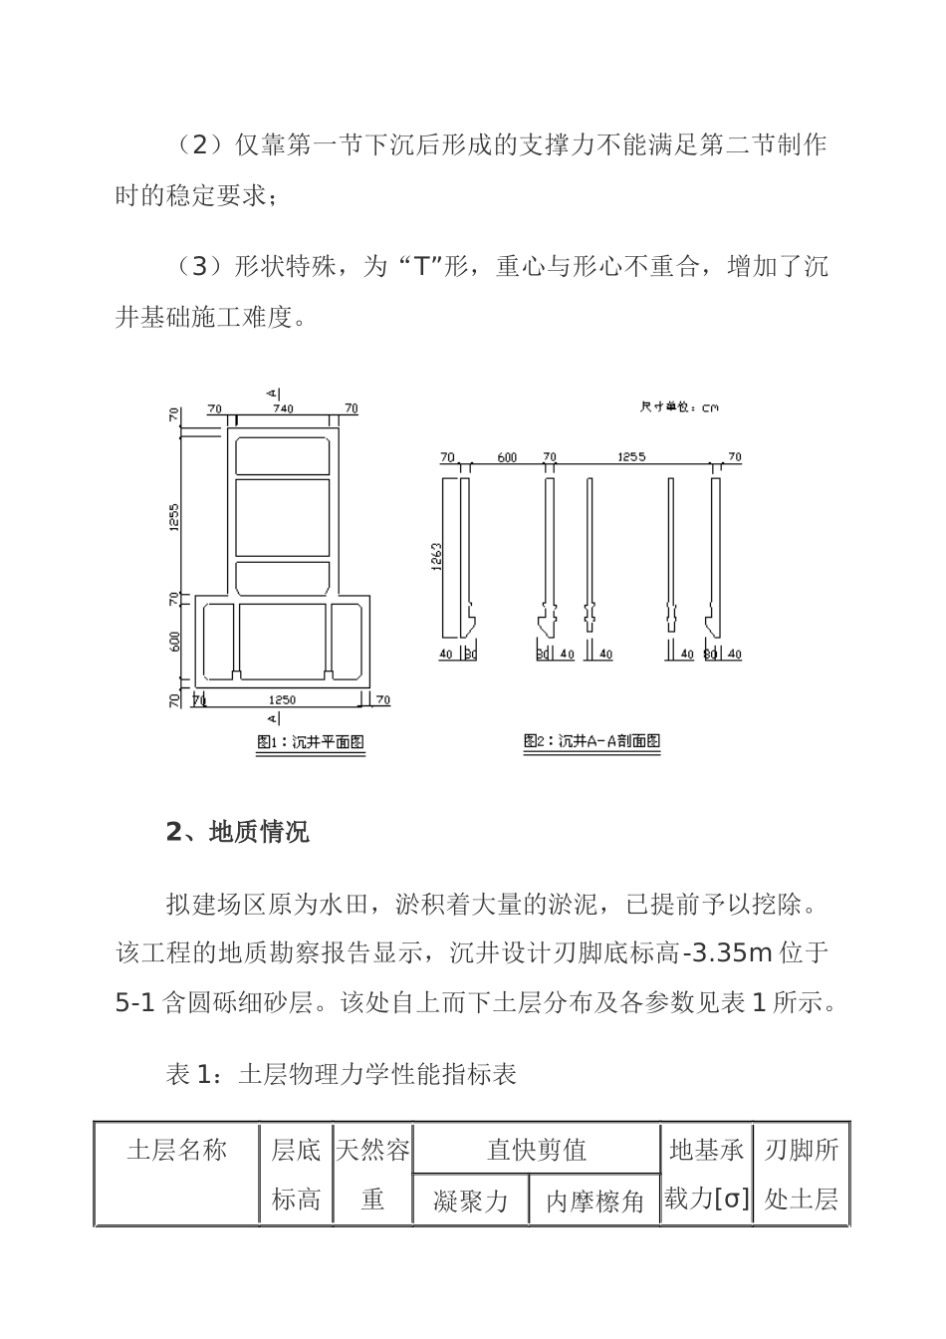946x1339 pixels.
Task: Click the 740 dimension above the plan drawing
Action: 284,408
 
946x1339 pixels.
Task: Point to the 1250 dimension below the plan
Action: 282,699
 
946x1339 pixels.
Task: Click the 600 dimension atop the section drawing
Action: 507,457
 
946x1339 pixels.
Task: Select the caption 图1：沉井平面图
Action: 310,742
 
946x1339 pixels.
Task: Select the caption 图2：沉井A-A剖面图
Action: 591,741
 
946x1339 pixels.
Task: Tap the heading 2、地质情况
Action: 237,832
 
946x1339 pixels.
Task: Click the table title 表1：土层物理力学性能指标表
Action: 341,1074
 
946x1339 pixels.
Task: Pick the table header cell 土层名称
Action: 177,1151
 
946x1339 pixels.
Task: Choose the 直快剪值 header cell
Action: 536,1151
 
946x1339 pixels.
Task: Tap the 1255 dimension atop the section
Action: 631,457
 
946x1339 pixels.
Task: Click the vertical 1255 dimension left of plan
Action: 173,517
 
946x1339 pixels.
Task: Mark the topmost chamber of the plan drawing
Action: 282,455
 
